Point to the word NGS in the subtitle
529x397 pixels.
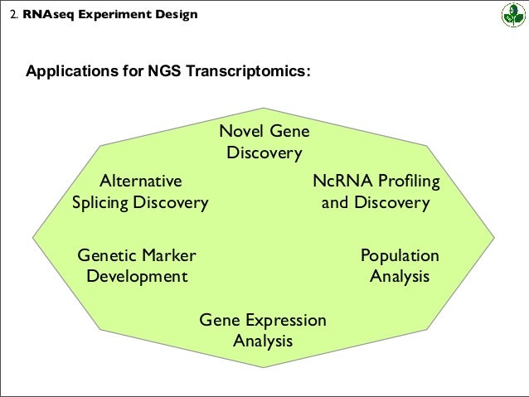pyautogui.click(x=165, y=71)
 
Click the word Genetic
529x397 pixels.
pyautogui.click(x=105, y=254)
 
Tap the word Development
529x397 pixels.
pyautogui.click(x=137, y=276)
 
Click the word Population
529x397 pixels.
pyautogui.click(x=400, y=255)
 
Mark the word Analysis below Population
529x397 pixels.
pyautogui.click(x=400, y=276)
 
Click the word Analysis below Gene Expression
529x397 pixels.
pyautogui.click(x=263, y=341)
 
